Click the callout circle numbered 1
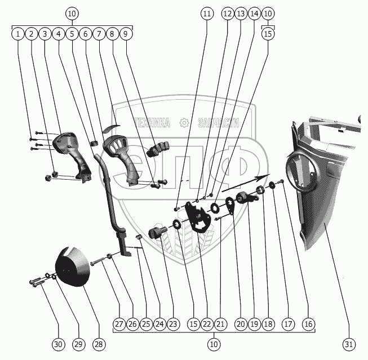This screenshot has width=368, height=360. [x=18, y=34]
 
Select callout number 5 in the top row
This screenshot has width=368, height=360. [x=72, y=34]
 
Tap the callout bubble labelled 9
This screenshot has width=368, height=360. [x=126, y=34]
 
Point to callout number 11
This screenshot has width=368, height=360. [x=207, y=14]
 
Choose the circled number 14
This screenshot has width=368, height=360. [x=254, y=14]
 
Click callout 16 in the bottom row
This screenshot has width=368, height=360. [x=308, y=324]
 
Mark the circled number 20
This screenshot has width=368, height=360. [x=241, y=324]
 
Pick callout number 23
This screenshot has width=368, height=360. [x=173, y=324]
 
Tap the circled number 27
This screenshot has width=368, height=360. [x=119, y=324]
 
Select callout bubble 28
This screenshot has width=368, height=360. [x=99, y=344]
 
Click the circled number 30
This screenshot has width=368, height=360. [x=58, y=344]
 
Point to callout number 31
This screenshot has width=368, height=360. [x=349, y=344]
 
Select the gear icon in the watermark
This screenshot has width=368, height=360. [x=184, y=123]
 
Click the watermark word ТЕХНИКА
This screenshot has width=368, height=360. [x=152, y=123]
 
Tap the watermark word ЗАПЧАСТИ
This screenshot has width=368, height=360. [x=219, y=123]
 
